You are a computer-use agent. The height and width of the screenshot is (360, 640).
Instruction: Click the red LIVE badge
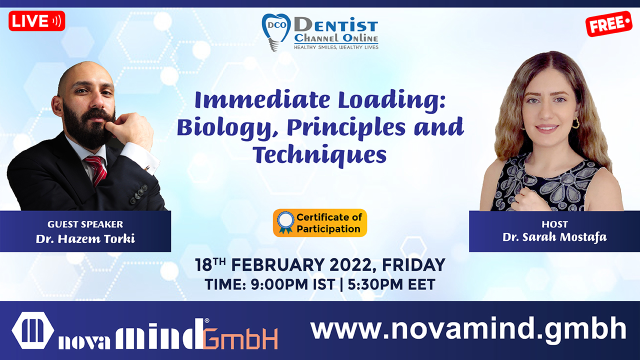37,21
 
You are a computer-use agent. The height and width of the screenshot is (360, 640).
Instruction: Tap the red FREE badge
609,23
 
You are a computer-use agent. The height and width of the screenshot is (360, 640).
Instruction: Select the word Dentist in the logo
336,24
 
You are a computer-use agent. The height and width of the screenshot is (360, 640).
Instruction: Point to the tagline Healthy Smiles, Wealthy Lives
336,47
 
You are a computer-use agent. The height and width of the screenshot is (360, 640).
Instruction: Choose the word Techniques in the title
319,155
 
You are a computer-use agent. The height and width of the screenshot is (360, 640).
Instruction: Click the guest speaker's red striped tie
96,170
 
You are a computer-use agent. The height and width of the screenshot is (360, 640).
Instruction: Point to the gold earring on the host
575,123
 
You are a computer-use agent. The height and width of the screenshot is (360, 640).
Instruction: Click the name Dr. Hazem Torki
85,238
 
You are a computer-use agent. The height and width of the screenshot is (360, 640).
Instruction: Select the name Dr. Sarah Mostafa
554,237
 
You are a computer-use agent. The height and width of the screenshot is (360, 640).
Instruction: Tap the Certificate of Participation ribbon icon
285,222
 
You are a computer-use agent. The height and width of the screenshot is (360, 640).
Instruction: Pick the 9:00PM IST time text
293,284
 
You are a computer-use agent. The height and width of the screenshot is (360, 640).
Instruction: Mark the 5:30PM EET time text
391,284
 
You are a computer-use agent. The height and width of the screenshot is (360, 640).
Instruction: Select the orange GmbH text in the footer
240,338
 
